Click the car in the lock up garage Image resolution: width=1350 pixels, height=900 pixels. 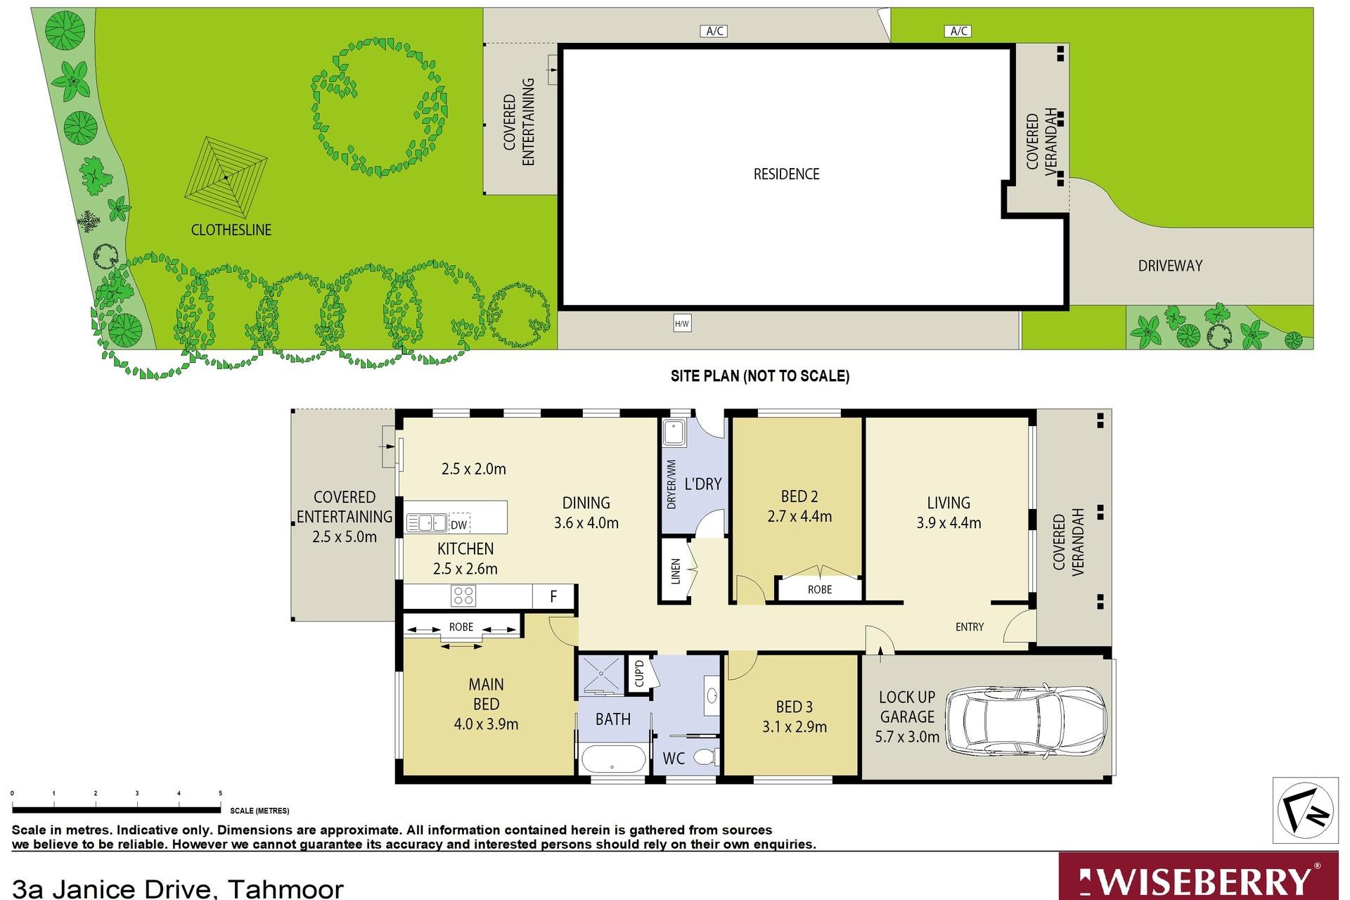[1026, 721]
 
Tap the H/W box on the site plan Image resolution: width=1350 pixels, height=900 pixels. [681, 323]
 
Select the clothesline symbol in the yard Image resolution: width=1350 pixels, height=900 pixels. [226, 177]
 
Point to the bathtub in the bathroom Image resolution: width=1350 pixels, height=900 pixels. [613, 759]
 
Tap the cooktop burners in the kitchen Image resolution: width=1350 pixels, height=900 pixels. [463, 596]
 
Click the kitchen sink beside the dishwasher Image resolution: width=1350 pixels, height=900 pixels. [427, 523]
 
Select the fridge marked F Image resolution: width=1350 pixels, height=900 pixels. [554, 597]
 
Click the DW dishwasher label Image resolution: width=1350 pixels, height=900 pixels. [458, 525]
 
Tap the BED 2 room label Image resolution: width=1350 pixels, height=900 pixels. [799, 496]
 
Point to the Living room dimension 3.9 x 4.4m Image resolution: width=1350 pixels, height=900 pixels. [949, 523]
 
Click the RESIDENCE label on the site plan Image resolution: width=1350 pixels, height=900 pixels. [787, 174]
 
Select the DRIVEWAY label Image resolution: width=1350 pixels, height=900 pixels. [1170, 266]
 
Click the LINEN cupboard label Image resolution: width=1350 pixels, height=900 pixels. [676, 571]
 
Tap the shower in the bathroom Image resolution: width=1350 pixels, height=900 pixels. [600, 675]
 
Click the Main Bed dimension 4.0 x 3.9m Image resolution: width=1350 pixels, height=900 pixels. [486, 724]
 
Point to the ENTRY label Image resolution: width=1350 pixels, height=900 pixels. [970, 626]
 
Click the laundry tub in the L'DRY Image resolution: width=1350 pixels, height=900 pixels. [674, 433]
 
